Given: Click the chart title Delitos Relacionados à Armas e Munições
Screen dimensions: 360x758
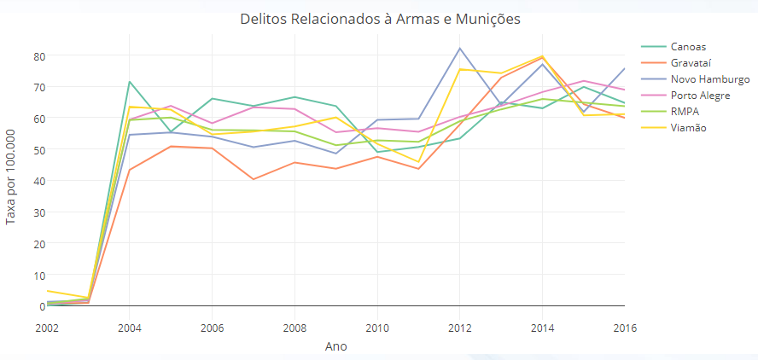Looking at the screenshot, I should (x=380, y=19).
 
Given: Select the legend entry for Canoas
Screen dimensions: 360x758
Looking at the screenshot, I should (x=688, y=46).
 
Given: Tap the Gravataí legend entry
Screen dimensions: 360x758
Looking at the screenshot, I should (x=691, y=62).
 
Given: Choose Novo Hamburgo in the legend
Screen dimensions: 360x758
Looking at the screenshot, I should (x=710, y=78).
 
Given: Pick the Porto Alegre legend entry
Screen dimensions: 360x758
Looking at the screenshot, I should (x=700, y=95).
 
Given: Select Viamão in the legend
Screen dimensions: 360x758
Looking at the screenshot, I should (x=689, y=127).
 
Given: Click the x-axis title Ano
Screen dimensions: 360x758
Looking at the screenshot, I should (x=336, y=346).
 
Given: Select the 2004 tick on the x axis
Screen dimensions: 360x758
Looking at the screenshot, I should (x=129, y=327).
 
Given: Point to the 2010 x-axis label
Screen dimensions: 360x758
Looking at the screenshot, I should (x=377, y=327).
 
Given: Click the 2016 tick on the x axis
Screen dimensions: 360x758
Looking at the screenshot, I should (x=624, y=327).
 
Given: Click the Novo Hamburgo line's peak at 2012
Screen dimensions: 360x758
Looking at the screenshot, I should (x=459, y=48).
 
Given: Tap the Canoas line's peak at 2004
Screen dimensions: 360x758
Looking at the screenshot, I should (x=129, y=82).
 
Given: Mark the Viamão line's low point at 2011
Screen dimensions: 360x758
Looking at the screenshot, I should (x=418, y=162).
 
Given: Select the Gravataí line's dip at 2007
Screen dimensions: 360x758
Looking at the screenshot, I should (x=253, y=179).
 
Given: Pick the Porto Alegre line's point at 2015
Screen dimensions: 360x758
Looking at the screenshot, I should (x=584, y=81).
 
